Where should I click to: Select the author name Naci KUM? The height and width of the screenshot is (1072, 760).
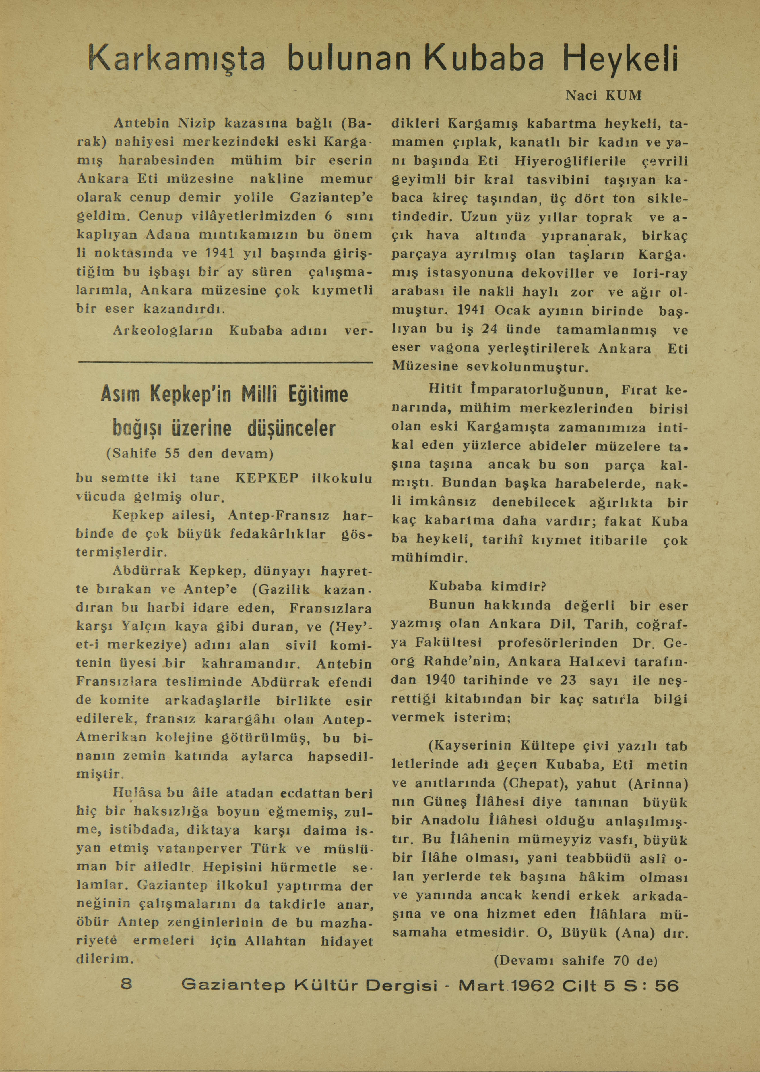tap(603, 96)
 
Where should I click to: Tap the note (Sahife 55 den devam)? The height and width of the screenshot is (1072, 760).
tap(190, 454)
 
